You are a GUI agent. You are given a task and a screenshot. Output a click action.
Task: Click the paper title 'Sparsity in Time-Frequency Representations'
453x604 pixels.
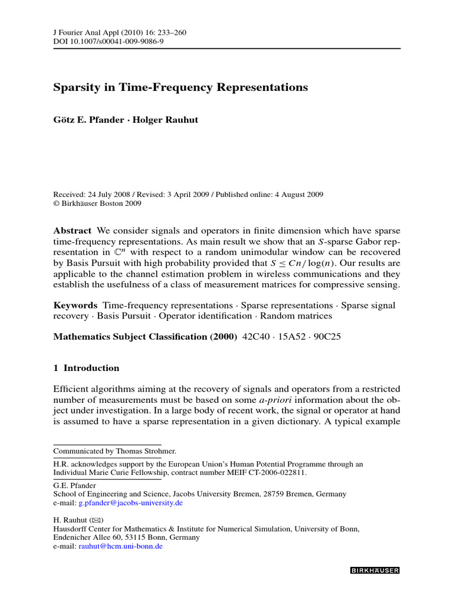coord(180,87)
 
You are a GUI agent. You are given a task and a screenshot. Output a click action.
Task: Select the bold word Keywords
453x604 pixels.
coord(75,305)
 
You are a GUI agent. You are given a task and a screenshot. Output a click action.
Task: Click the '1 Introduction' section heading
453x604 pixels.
coord(86,368)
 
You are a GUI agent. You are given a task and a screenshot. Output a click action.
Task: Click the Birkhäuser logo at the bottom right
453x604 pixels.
coord(375,570)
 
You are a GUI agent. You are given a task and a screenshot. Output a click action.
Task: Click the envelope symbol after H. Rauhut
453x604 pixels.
coord(96,521)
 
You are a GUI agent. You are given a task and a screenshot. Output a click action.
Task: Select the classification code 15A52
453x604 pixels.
coord(292,337)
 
